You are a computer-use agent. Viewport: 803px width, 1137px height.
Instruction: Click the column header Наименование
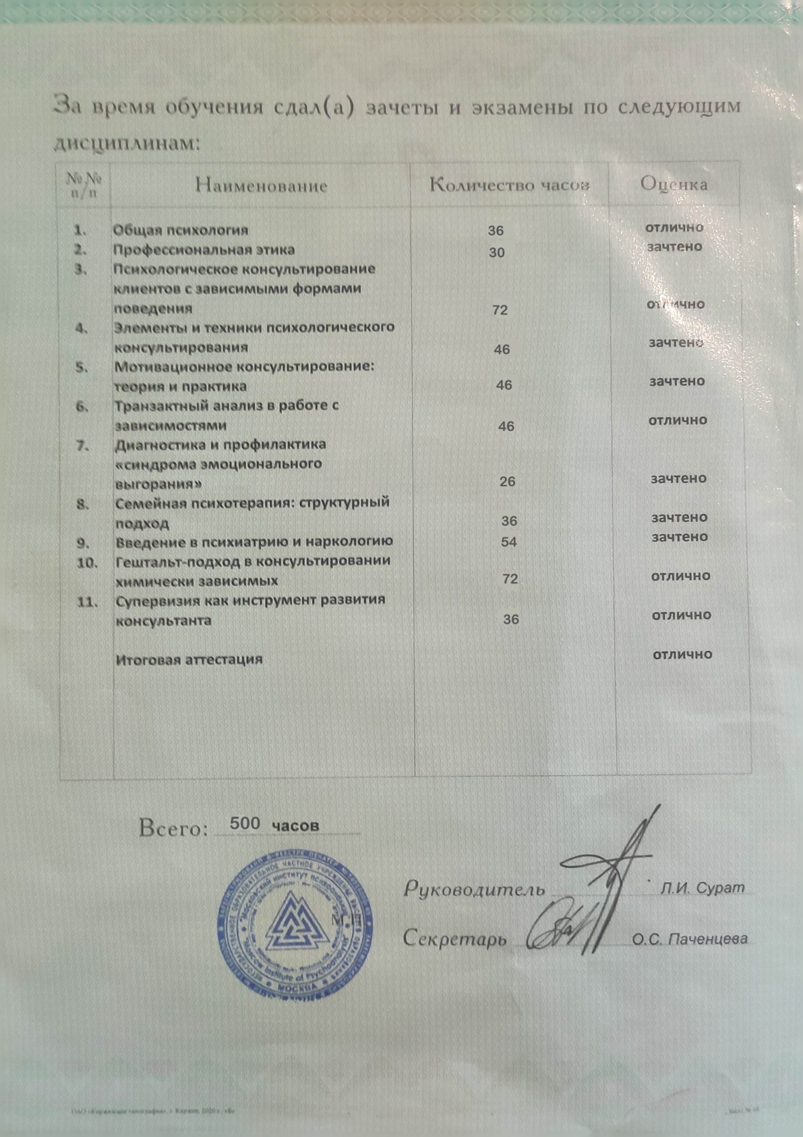pos(262,186)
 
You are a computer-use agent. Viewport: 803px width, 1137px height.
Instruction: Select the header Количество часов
pos(510,185)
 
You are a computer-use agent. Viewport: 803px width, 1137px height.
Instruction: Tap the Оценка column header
pos(674,184)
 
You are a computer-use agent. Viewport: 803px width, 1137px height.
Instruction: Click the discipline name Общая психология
pos(181,230)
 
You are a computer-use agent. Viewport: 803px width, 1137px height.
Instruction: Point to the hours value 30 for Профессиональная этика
pos(497,253)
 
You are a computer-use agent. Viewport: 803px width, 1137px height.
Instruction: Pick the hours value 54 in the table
pos(508,542)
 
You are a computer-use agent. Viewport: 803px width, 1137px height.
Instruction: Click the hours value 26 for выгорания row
pos(508,481)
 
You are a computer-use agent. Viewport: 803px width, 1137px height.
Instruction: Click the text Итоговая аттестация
pos(189,660)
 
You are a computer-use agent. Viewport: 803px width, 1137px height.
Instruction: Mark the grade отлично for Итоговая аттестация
pos(682,655)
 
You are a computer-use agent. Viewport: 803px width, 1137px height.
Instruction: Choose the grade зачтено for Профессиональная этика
pos(675,246)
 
